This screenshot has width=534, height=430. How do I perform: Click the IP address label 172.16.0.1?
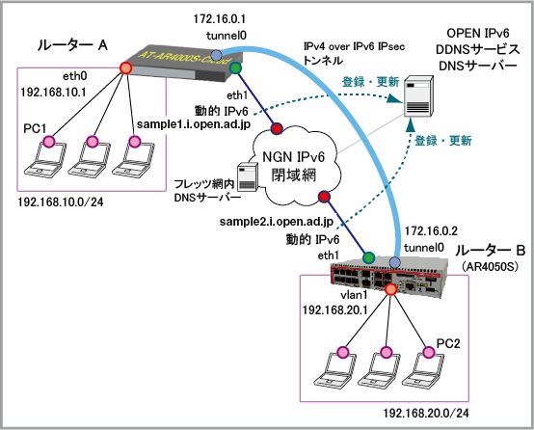click(x=220, y=19)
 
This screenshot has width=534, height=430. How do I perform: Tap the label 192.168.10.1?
click(x=53, y=92)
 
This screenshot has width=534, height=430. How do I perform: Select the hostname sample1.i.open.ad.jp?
click(x=194, y=124)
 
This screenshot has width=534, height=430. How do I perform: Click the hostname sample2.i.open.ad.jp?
click(x=277, y=222)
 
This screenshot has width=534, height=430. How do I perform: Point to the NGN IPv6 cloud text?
click(x=294, y=166)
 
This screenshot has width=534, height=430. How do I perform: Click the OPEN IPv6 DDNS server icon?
click(x=418, y=96)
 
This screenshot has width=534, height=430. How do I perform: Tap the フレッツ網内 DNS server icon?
click(x=248, y=176)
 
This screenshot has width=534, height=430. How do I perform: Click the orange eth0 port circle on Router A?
click(x=125, y=67)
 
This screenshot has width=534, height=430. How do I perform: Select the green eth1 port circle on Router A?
click(x=235, y=67)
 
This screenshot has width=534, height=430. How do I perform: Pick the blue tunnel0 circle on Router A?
click(x=216, y=55)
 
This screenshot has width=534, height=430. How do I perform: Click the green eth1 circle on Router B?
click(x=368, y=257)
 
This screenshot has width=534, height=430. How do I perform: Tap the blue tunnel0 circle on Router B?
click(x=394, y=262)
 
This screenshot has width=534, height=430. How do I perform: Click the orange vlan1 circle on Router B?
click(x=390, y=289)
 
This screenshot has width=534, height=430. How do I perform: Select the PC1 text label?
click(x=35, y=129)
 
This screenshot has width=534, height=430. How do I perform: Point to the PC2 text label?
click(x=448, y=343)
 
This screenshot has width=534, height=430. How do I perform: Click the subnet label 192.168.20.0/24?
click(x=426, y=414)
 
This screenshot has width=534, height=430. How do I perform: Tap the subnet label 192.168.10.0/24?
click(x=61, y=202)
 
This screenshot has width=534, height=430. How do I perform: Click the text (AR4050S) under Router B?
click(x=490, y=266)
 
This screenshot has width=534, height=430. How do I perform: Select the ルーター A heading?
click(x=72, y=45)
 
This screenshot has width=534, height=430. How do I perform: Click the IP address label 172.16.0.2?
click(x=431, y=231)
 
